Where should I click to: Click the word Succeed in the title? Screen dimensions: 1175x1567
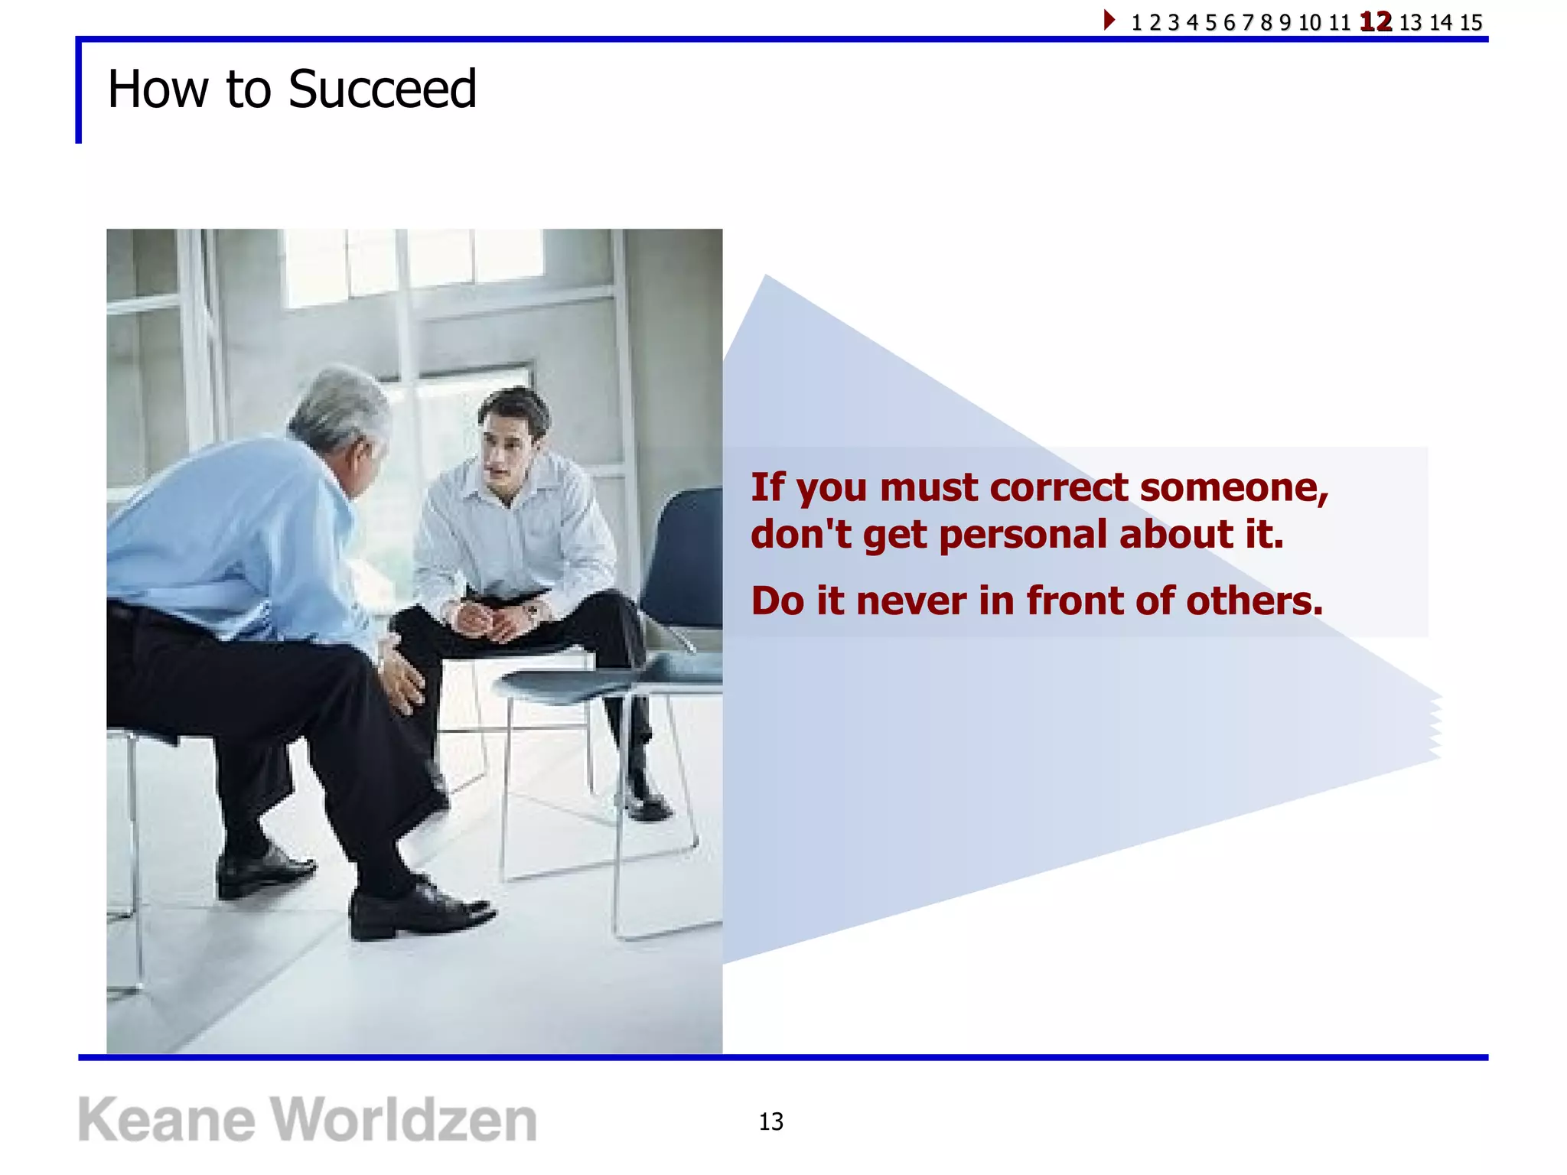(x=382, y=90)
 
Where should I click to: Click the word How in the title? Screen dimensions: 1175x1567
(x=158, y=90)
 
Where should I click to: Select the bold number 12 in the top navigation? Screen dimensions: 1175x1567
(x=1375, y=21)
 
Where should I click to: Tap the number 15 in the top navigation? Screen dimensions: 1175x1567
(x=1471, y=22)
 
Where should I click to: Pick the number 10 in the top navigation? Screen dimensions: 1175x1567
(x=1309, y=22)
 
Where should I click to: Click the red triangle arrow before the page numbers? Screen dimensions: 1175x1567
(x=1109, y=20)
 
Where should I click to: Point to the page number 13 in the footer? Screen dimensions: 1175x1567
(x=770, y=1121)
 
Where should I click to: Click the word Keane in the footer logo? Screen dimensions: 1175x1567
(x=166, y=1120)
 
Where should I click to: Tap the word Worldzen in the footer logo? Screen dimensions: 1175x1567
(x=405, y=1120)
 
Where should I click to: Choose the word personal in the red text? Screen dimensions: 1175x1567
(x=1023, y=534)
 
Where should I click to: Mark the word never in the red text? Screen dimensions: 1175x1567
(x=911, y=601)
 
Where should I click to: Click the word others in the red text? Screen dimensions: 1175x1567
(x=1254, y=601)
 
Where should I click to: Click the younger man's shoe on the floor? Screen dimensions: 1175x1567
(x=647, y=803)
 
